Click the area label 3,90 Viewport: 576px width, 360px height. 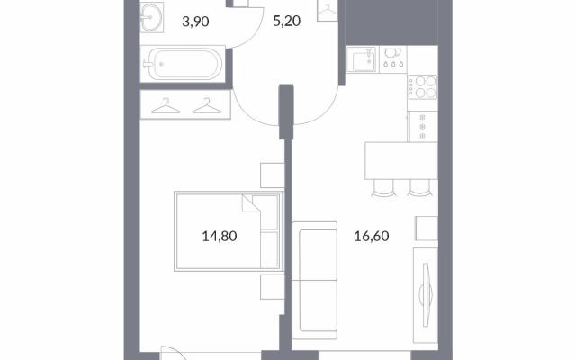click(x=195, y=22)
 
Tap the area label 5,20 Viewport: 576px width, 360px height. click(x=286, y=21)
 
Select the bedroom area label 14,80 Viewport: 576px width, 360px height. click(x=220, y=236)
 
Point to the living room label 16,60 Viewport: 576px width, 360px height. click(x=372, y=236)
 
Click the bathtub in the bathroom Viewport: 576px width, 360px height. click(x=183, y=64)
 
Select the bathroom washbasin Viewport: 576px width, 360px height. click(x=150, y=16)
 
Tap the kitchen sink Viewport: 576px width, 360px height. click(x=362, y=59)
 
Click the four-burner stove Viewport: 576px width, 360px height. click(x=423, y=87)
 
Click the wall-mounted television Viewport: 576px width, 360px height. click(x=426, y=294)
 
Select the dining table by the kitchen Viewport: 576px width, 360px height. click(x=401, y=160)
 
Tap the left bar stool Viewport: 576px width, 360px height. click(x=383, y=188)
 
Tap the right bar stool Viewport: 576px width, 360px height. click(x=420, y=188)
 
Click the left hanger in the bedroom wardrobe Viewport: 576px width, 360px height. click(x=166, y=106)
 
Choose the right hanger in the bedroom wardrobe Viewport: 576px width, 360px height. click(x=207, y=106)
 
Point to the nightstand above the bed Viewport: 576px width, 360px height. click(x=273, y=175)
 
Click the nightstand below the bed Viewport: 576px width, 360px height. click(x=273, y=286)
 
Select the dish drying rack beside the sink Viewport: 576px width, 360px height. click(x=392, y=58)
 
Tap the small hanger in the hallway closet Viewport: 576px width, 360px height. click(x=328, y=10)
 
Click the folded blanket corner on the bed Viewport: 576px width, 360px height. click(x=251, y=203)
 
